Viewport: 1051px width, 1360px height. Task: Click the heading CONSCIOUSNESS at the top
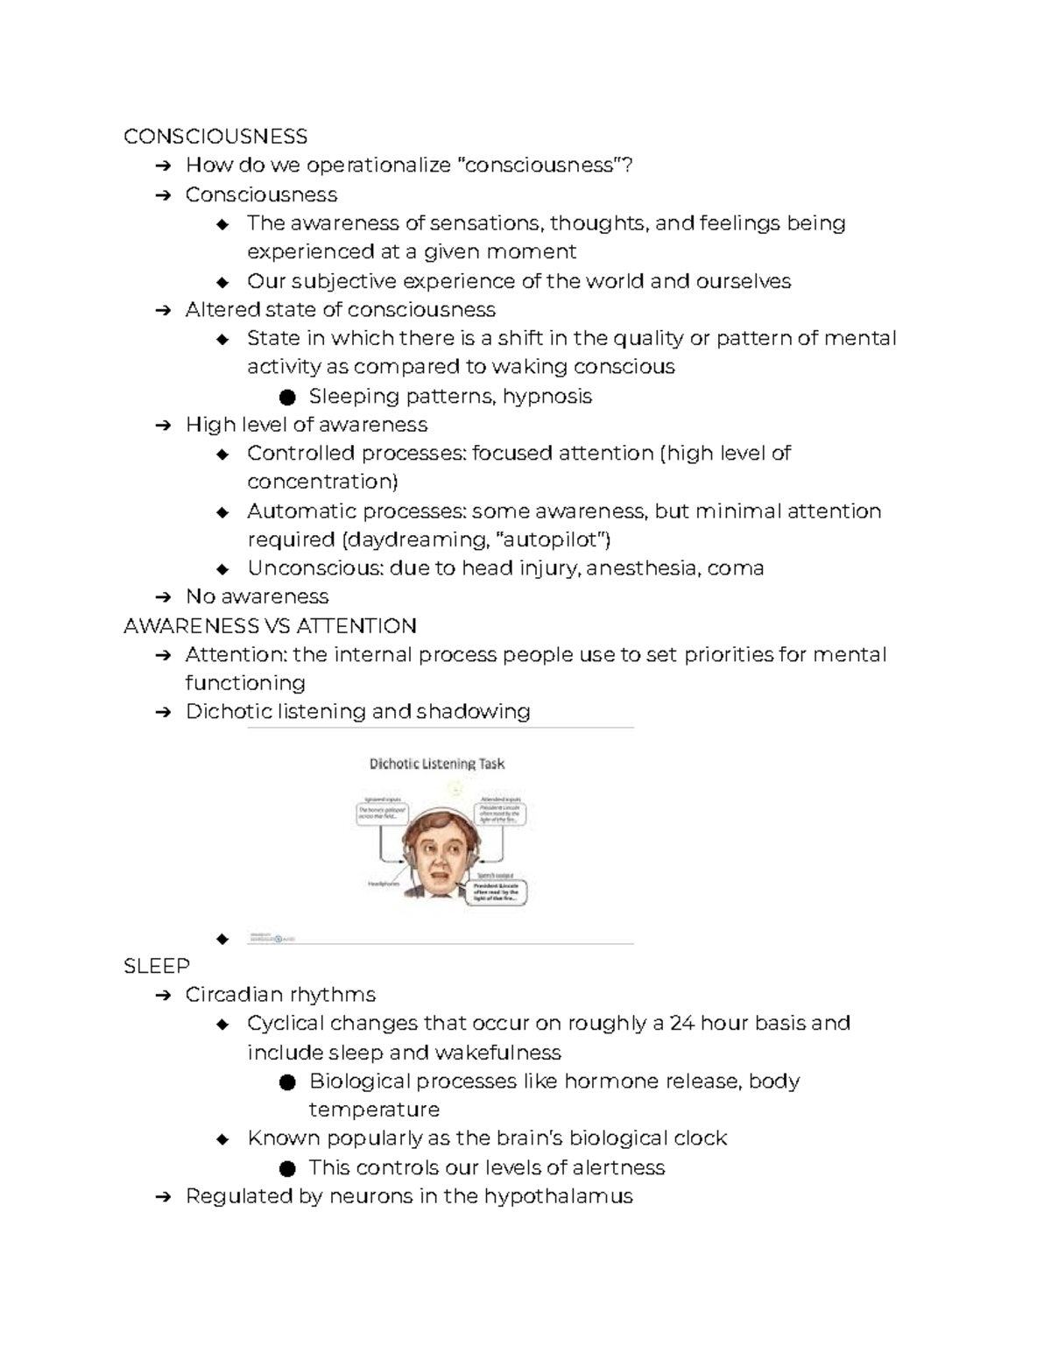[x=215, y=136]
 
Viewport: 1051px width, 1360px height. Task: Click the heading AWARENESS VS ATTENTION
[x=270, y=625]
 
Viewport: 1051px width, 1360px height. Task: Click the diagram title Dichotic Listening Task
[x=437, y=764]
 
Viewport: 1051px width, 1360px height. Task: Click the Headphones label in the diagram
[x=384, y=884]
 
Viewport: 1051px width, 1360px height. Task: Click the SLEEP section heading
[x=157, y=966]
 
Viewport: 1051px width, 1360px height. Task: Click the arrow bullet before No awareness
[x=162, y=597]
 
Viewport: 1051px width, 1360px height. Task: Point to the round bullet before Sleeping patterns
[x=286, y=398]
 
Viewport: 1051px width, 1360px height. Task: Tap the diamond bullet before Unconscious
[x=222, y=569]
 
